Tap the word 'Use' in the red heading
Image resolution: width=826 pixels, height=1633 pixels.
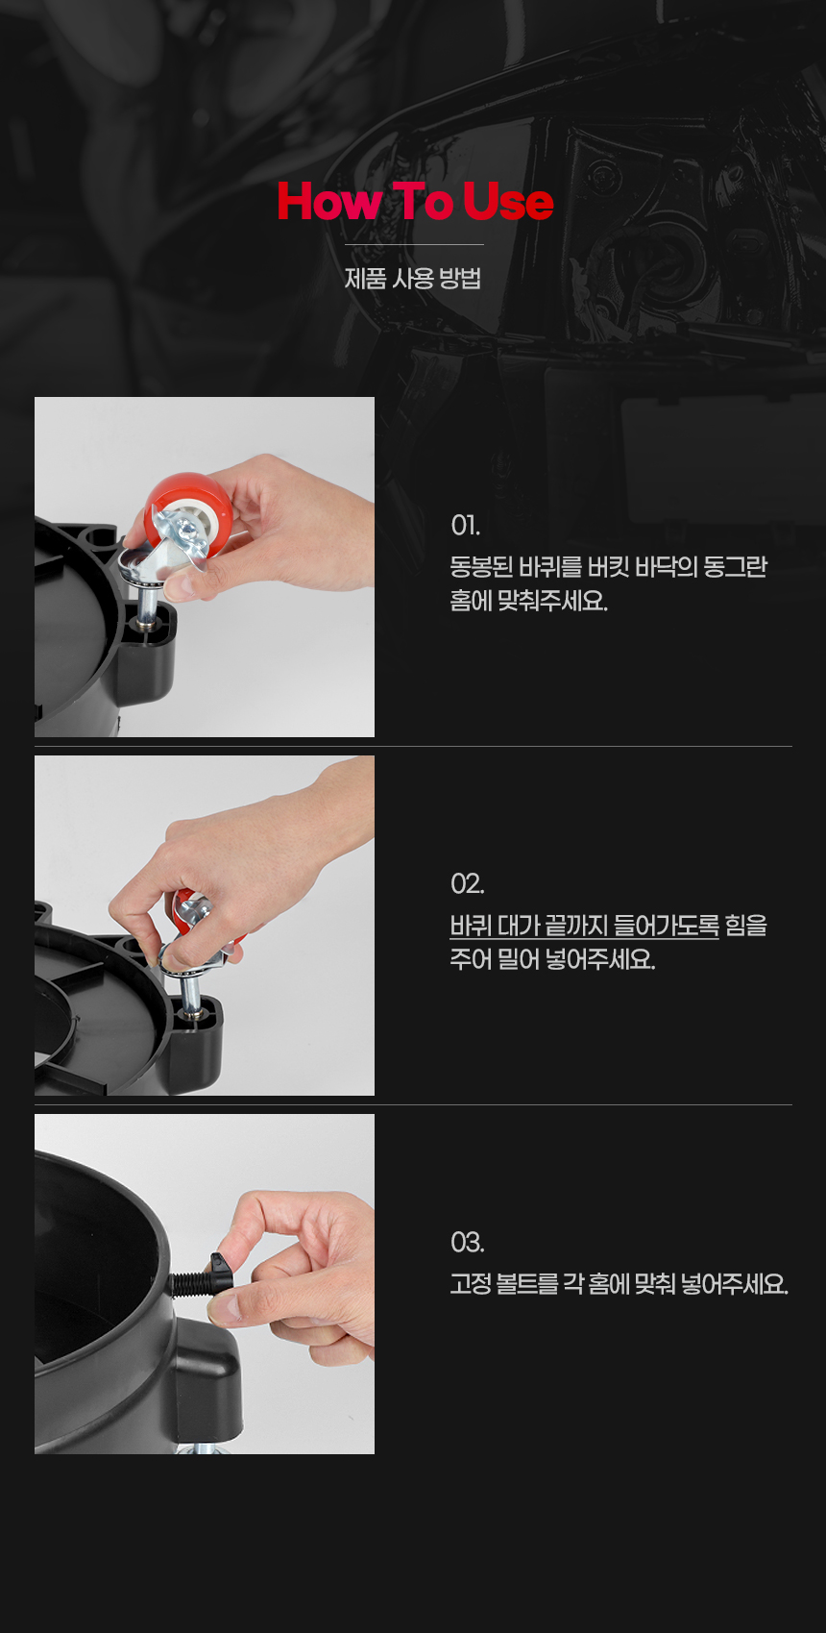pyautogui.click(x=508, y=201)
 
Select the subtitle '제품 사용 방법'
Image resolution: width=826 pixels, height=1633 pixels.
pyautogui.click(x=413, y=278)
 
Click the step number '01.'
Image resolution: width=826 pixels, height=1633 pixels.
pyautogui.click(x=465, y=525)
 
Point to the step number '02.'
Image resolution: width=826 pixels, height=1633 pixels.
pyautogui.click(x=467, y=883)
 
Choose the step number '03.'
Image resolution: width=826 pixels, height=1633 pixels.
pyautogui.click(x=467, y=1242)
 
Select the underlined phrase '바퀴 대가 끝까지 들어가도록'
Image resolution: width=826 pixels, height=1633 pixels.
pyautogui.click(x=584, y=926)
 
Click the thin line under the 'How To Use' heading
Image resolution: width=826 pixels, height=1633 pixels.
pyautogui.click(x=414, y=244)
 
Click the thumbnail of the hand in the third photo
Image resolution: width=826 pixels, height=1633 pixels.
pyautogui.click(x=299, y=1275)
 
